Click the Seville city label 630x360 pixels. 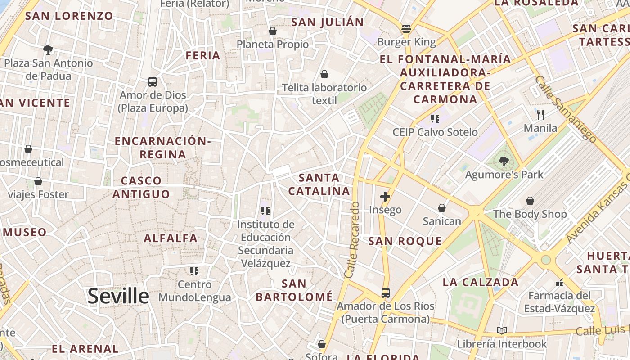(118, 296)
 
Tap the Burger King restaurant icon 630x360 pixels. (406, 29)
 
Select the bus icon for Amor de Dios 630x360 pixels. (153, 82)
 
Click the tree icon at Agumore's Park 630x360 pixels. (504, 161)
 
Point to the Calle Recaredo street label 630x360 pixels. (352, 239)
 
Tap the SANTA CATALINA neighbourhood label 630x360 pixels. (319, 184)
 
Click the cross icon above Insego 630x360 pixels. (385, 196)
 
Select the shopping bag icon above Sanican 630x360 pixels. (442, 208)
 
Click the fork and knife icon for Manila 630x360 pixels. (540, 115)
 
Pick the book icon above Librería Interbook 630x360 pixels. (502, 331)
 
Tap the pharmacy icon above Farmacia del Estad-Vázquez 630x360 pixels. (559, 283)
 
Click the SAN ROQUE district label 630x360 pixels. (405, 241)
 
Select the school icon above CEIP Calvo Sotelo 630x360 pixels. (435, 119)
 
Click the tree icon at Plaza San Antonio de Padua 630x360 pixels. (48, 49)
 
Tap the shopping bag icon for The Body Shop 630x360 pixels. (530, 201)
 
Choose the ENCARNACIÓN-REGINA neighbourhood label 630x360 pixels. (162, 148)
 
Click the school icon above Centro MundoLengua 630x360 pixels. (194, 271)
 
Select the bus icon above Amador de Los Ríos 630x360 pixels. (386, 293)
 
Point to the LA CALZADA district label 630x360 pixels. (481, 283)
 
